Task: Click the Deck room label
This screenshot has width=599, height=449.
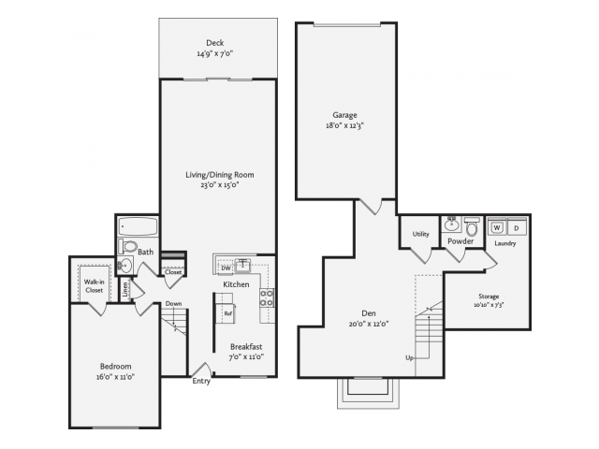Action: coord(214,43)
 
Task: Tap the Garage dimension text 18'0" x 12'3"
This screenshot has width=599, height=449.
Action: coord(344,125)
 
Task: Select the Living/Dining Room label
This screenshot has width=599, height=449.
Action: coord(220,175)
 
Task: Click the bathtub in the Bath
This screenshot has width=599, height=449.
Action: coord(138,226)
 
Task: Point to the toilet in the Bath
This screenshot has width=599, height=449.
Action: coord(127,246)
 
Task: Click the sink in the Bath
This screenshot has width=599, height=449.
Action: coord(124,265)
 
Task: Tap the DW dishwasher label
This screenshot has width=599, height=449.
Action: coord(226,268)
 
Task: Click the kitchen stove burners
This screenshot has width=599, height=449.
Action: coord(267,297)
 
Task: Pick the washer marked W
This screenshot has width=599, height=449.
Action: coord(497,227)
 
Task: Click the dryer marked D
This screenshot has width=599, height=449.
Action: coord(517,228)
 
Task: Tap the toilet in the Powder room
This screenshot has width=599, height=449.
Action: coord(472,226)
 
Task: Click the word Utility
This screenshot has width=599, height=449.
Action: coord(420,234)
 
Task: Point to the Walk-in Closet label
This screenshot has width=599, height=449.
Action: coord(94,286)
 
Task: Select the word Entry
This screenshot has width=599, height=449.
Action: coord(201,381)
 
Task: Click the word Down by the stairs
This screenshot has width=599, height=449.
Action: coord(173,303)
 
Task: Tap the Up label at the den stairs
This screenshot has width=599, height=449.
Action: coord(410,357)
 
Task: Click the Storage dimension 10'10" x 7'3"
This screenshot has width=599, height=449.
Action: coord(489,305)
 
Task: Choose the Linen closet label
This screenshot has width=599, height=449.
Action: coord(124,289)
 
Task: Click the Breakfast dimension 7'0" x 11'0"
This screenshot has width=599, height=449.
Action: coord(246,357)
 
